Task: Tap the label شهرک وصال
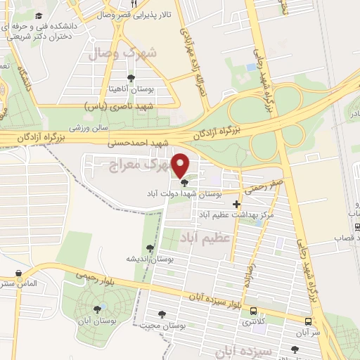(121, 51)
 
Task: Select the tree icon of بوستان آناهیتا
(131, 78)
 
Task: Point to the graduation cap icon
(37, 15)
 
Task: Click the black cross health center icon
(237, 204)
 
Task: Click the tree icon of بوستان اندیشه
(149, 248)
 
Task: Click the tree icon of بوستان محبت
(162, 315)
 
